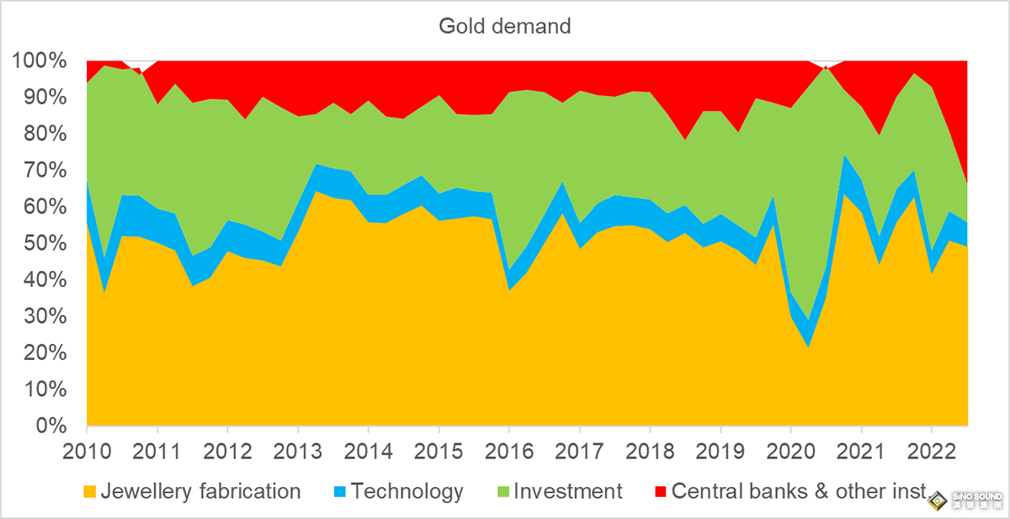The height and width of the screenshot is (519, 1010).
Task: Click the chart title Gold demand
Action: coord(505,26)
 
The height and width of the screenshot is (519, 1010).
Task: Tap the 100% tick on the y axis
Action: coord(40,61)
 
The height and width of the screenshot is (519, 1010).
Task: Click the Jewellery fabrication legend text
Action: coord(200,491)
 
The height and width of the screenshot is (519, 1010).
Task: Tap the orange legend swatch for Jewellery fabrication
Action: coord(90,492)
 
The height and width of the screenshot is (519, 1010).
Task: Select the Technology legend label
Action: coord(407,491)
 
